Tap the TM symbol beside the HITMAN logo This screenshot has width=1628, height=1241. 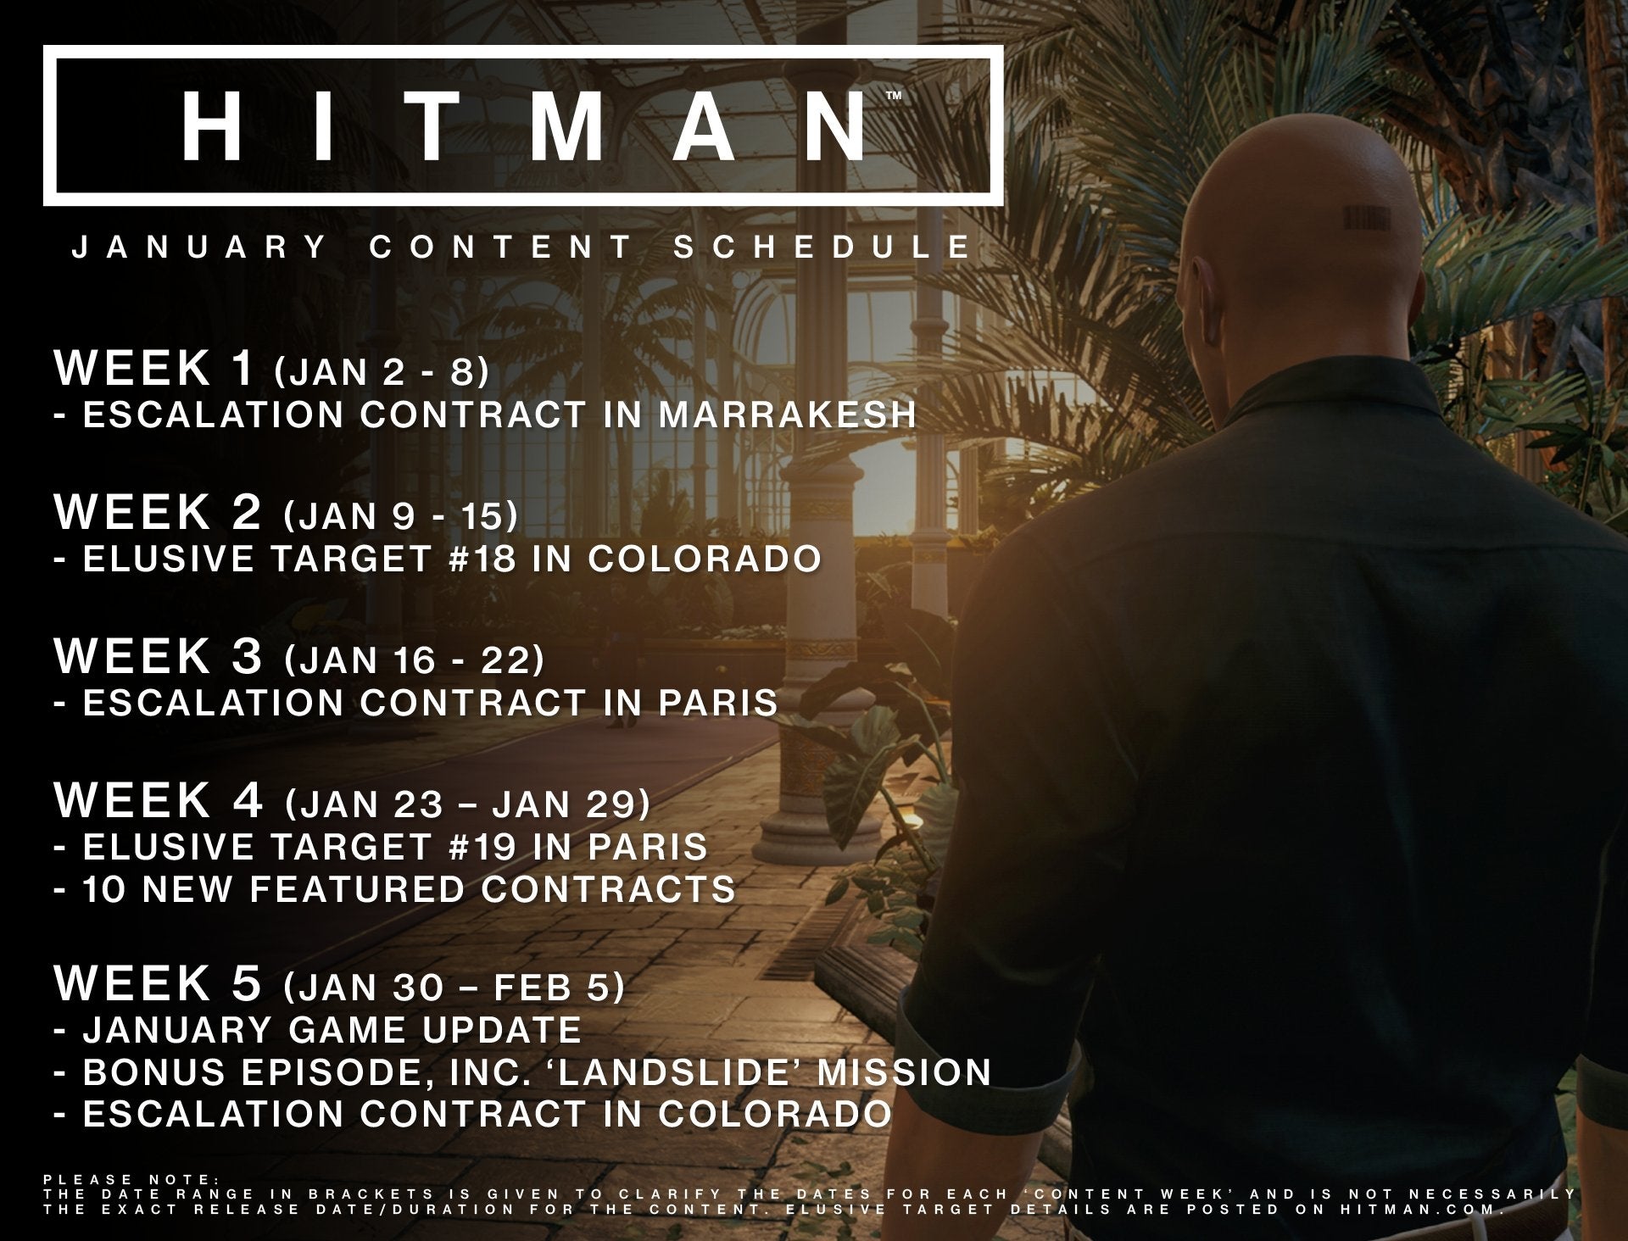(894, 97)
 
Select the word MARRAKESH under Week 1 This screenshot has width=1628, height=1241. (788, 415)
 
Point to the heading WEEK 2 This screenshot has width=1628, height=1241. (159, 511)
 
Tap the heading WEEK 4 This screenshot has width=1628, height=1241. (159, 799)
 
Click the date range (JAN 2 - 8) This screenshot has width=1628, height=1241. (382, 372)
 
